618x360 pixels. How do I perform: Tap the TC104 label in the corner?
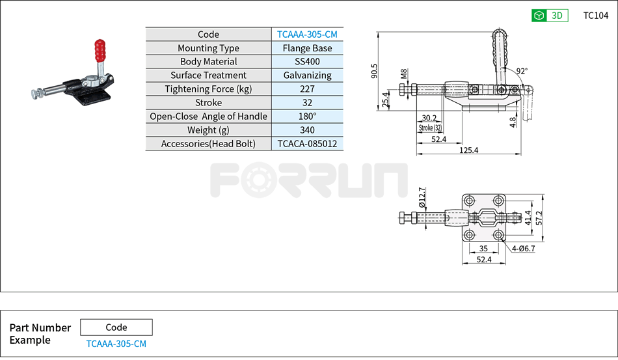point(595,16)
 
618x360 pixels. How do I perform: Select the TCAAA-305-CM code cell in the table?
point(307,35)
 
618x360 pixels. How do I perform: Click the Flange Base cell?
point(307,48)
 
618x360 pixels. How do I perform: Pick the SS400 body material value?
point(307,62)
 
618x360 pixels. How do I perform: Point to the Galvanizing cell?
point(307,76)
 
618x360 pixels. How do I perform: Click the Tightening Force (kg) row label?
point(208,89)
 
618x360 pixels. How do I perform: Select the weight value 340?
point(307,130)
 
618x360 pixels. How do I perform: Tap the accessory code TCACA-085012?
point(307,144)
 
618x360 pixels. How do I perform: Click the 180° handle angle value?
point(307,117)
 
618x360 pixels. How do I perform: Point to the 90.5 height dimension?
point(375,70)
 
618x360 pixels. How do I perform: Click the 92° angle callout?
point(521,71)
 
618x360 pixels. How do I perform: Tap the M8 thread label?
point(404,73)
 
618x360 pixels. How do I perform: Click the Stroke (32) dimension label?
point(429,128)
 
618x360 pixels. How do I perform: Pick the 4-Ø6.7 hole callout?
point(523,249)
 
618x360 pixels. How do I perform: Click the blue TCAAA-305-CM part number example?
point(116,344)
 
